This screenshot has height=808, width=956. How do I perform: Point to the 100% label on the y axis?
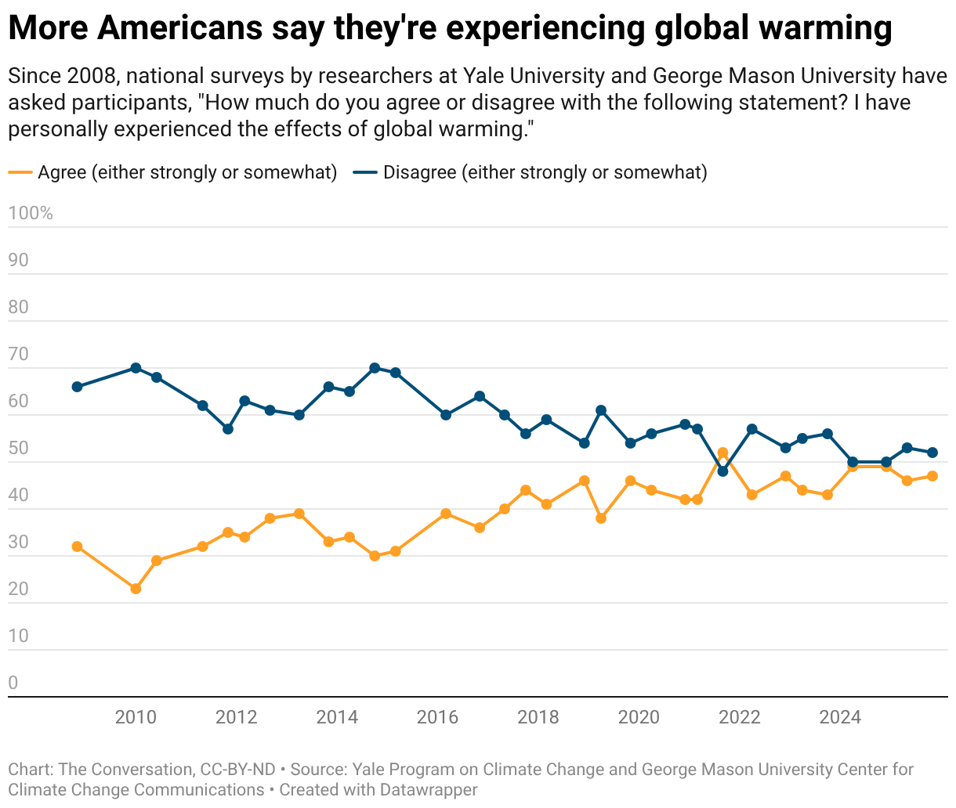[31, 213]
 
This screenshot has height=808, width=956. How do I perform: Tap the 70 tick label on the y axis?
[18, 355]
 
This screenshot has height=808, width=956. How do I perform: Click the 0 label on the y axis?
[13, 683]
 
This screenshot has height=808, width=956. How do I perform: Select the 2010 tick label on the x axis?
[136, 717]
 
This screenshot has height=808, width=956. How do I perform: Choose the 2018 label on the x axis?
[538, 717]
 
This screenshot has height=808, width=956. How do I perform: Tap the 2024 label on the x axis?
[840, 717]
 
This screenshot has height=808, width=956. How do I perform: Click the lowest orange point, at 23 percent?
[136, 589]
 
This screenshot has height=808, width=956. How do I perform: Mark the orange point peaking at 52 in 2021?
[722, 453]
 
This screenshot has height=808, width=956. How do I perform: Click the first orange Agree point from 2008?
[77, 546]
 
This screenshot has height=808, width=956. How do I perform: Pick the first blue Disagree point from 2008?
[77, 387]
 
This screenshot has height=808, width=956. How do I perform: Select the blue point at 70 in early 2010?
[136, 368]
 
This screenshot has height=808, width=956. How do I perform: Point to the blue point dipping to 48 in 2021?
[722, 471]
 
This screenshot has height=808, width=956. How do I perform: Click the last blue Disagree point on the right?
[932, 453]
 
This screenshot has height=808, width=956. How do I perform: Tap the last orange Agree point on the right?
[932, 476]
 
